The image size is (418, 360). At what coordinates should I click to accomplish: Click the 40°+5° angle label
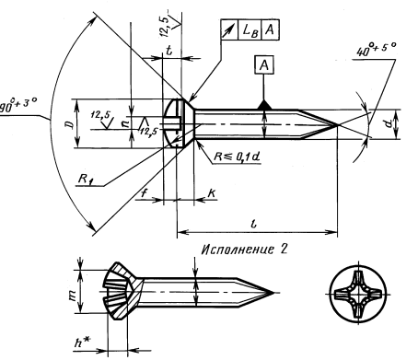coord(377,49)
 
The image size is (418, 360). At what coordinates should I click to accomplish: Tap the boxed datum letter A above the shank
coord(264,65)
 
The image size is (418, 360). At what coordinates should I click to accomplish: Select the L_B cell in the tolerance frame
coord(250,30)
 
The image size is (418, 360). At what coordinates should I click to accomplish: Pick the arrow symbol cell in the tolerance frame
coord(229,30)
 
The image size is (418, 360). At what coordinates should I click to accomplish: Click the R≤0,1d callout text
coord(237,157)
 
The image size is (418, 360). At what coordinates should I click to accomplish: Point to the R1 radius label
coord(86,179)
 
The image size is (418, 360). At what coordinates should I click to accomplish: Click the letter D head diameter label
coord(70,124)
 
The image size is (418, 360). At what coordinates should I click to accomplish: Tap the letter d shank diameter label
coord(389,124)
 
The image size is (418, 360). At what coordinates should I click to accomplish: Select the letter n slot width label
coord(125,123)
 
